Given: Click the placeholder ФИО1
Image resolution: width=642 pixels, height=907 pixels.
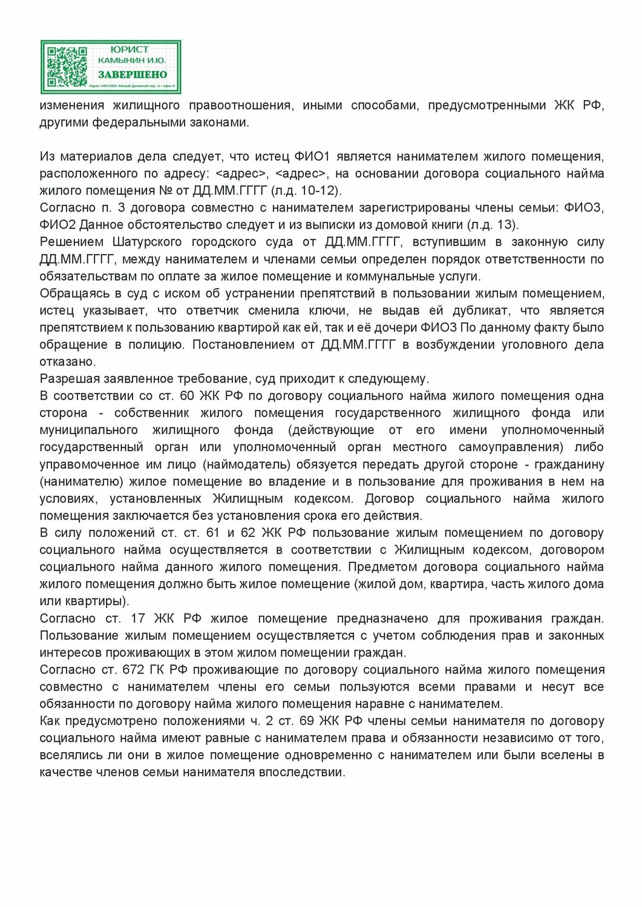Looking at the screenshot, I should click(312, 157).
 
